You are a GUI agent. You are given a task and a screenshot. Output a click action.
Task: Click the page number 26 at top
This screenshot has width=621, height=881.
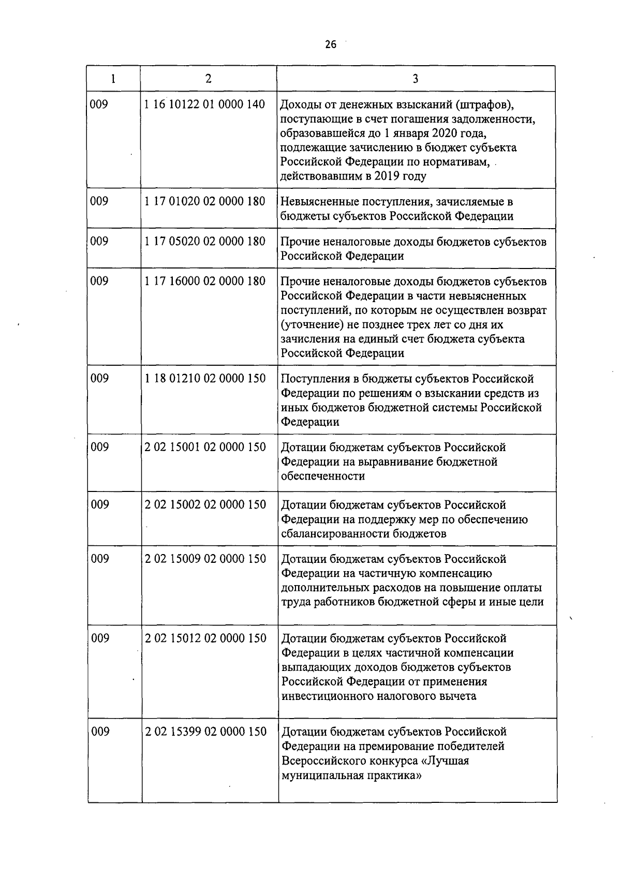point(330,44)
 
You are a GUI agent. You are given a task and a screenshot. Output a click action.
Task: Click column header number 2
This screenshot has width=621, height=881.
point(208,78)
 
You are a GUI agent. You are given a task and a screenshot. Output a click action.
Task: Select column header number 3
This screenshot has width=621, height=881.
point(416,79)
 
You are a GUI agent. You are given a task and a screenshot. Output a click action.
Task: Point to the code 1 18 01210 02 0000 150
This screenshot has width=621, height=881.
point(205,378)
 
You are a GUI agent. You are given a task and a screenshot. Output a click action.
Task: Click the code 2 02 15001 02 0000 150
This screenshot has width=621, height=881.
point(205,447)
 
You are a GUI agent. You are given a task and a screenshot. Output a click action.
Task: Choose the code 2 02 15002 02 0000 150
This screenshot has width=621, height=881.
point(205,504)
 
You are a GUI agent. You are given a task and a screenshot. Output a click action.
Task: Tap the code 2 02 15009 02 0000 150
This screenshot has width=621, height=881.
point(205,559)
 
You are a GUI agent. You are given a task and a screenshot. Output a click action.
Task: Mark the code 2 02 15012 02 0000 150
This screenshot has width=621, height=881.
point(205,638)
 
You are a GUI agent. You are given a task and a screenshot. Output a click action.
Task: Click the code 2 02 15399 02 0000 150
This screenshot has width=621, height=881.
point(205,731)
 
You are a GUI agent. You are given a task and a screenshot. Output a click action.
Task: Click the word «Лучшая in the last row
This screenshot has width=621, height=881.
point(446,761)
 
